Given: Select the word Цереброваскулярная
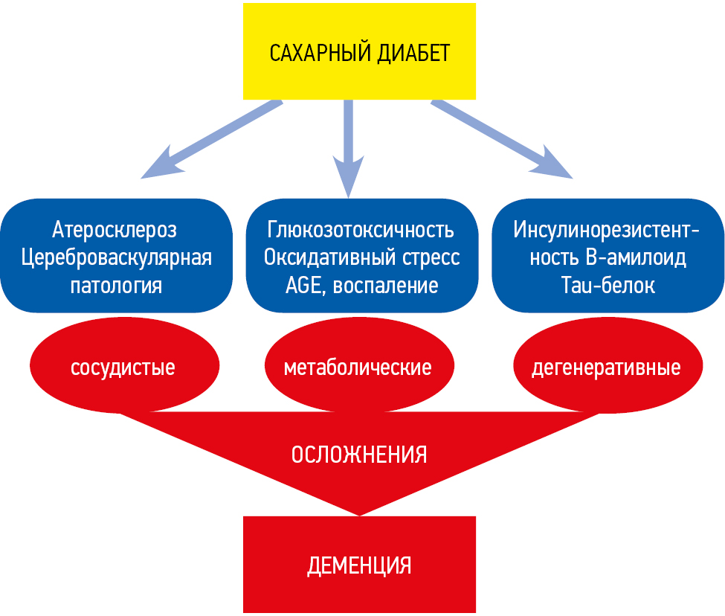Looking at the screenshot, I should (116, 257).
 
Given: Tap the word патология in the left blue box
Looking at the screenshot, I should (116, 286).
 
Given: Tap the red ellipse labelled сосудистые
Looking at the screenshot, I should (123, 368).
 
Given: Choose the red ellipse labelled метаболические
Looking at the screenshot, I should (358, 368).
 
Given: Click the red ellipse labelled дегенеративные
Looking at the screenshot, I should (607, 368).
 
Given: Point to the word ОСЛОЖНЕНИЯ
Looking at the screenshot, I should (359, 455).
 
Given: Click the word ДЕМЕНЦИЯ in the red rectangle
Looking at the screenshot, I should (359, 565).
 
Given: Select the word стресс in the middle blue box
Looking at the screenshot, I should (433, 257).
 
